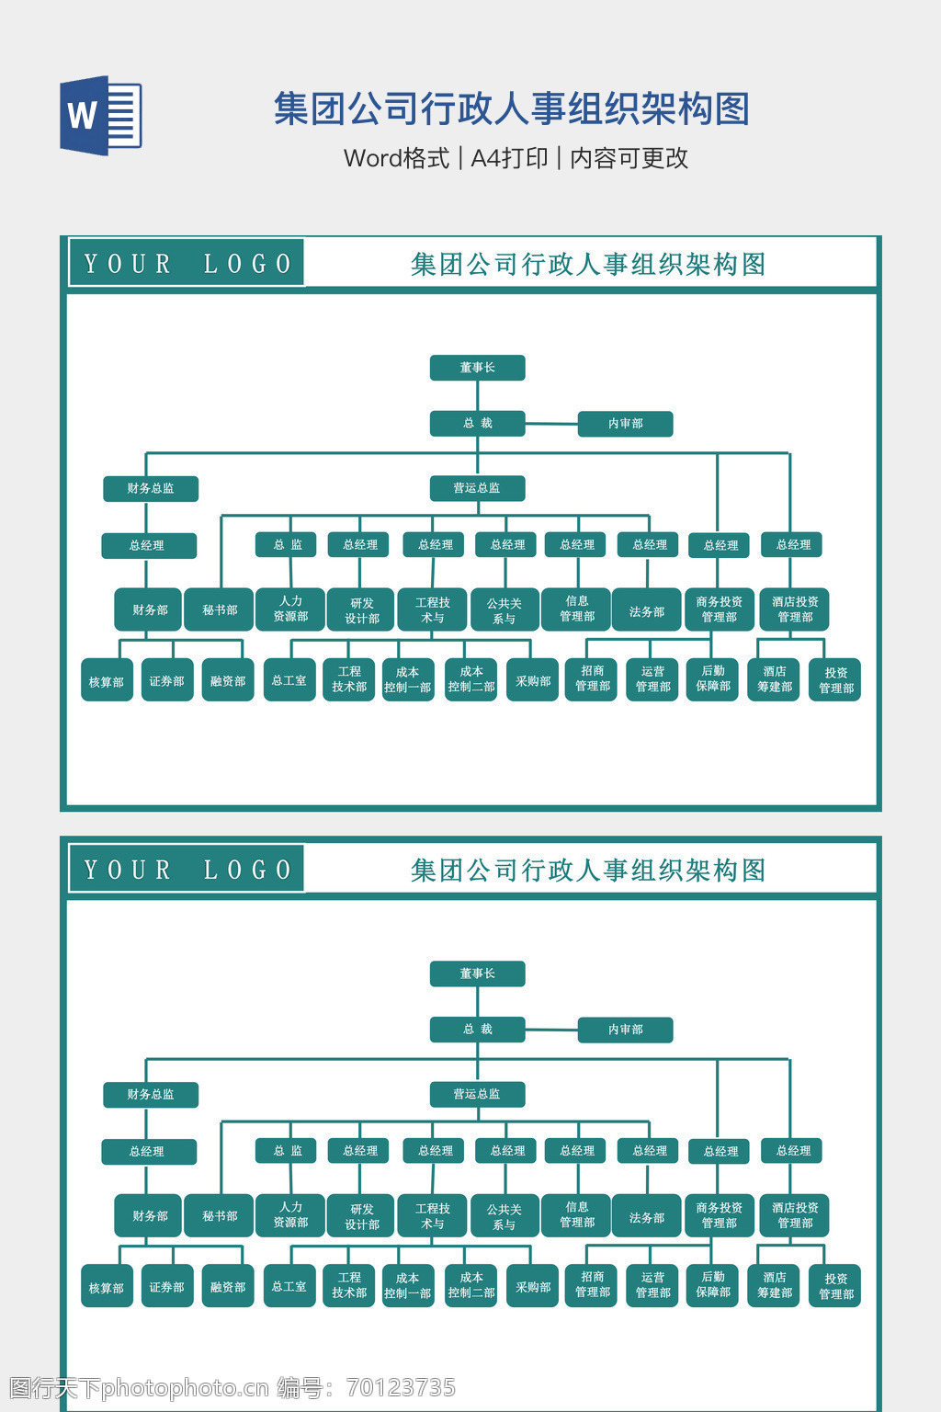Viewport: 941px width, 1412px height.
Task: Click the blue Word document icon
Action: pos(101,115)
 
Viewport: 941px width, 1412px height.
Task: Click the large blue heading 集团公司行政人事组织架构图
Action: pos(512,108)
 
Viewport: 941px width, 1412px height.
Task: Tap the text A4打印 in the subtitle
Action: pos(509,158)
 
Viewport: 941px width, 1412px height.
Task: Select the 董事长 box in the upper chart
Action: pos(477,368)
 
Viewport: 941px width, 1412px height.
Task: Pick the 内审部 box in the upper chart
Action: pos(625,424)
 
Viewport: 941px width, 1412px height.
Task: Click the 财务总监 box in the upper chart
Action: pos(151,488)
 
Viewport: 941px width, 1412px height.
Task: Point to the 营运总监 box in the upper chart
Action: pos(477,488)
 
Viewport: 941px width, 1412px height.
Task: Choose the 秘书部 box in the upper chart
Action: pos(220,609)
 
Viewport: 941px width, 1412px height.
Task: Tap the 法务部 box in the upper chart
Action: pos(646,610)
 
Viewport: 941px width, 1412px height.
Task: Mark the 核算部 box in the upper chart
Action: pos(107,680)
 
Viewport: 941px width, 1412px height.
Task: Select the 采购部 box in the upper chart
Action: pos(532,680)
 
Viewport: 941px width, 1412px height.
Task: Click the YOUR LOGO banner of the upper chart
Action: pos(187,264)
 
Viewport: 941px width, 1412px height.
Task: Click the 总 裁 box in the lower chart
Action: pos(477,1030)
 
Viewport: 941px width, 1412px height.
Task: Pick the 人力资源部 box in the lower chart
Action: pos(290,1215)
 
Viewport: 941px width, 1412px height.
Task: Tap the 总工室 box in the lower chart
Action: pos(289,1286)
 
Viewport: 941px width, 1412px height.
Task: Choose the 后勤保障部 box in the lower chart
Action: pos(712,1285)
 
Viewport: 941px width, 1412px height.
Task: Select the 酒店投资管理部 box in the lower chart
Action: pos(795,1215)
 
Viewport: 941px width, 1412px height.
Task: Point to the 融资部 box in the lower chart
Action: pos(228,1286)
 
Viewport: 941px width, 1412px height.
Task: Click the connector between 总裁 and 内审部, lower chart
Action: pos(551,1031)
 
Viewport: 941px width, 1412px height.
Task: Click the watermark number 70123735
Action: pos(402,1388)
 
